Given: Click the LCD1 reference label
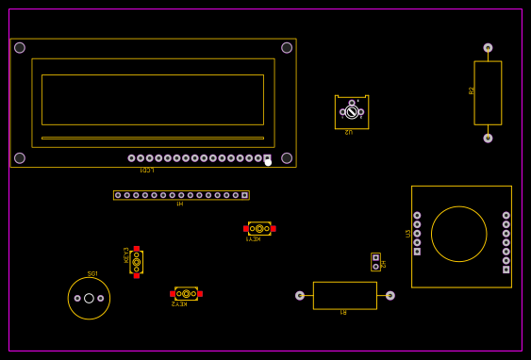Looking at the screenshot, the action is pyautogui.click(x=146, y=171).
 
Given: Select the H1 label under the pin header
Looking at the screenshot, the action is pyautogui.click(x=179, y=204).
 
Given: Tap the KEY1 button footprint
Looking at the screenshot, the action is pyautogui.click(x=259, y=228).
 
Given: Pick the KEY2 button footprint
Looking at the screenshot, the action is pyautogui.click(x=186, y=294).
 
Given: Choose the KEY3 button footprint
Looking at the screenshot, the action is pyautogui.click(x=136, y=262).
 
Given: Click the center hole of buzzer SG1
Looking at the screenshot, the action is pyautogui.click(x=89, y=299).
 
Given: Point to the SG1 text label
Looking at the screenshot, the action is pyautogui.click(x=92, y=274).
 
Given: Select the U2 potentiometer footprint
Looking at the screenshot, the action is pyautogui.click(x=352, y=112).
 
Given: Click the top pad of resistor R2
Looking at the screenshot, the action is pyautogui.click(x=488, y=48).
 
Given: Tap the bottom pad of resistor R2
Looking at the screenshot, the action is pyautogui.click(x=488, y=138).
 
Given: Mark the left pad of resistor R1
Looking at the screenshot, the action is pyautogui.click(x=300, y=295).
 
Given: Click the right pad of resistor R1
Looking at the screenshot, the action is pyautogui.click(x=390, y=295).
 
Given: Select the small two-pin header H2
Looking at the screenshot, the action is pyautogui.click(x=375, y=262).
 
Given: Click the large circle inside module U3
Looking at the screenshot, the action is pyautogui.click(x=459, y=234).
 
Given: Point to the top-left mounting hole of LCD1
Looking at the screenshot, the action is pyautogui.click(x=20, y=48).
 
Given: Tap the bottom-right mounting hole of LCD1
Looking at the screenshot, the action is pyautogui.click(x=287, y=158).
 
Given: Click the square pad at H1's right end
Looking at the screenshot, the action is pyautogui.click(x=245, y=195).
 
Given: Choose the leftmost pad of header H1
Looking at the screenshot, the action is pyautogui.click(x=118, y=195).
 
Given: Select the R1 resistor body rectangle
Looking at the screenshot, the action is pyautogui.click(x=344, y=295).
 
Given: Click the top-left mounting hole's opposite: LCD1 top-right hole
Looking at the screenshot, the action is pyautogui.click(x=287, y=48).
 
